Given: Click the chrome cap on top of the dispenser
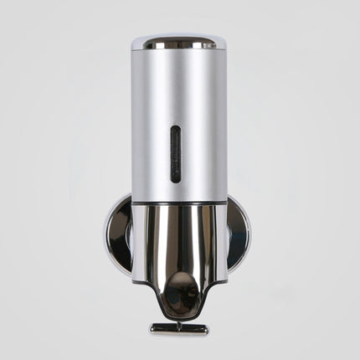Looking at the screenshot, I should tap(179, 40).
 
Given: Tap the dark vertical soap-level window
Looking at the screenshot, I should tap(175, 154).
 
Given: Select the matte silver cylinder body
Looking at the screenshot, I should tap(201, 117).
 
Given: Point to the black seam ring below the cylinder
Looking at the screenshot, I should tap(179, 203).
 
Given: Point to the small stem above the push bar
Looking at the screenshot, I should tap(179, 319).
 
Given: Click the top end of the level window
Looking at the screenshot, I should tap(175, 130).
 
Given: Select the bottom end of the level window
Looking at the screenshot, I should tap(175, 178).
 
